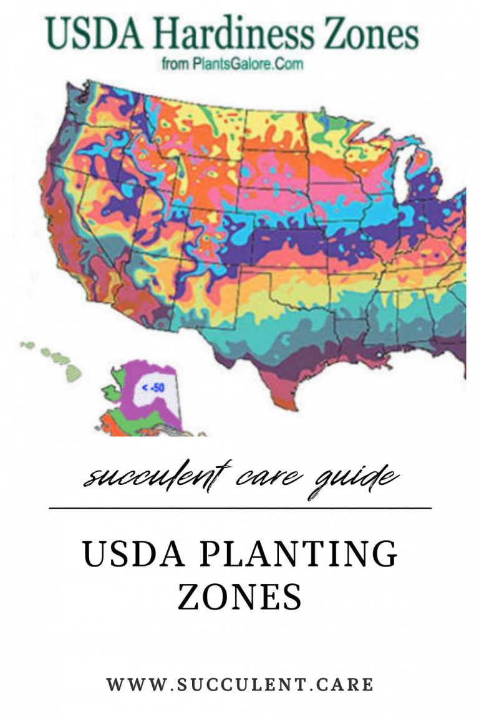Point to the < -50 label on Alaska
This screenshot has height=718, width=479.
pos(153,388)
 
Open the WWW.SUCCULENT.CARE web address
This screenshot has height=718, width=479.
pos(239,684)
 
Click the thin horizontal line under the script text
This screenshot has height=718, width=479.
pos(239,509)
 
